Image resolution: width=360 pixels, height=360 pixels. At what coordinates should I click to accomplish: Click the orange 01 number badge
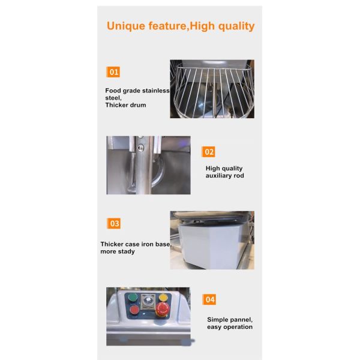(113, 72)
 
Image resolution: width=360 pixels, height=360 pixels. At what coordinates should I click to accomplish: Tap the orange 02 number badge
(208, 152)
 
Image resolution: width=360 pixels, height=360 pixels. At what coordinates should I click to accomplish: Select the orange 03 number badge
(114, 223)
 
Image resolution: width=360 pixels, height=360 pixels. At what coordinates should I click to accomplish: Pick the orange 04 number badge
(209, 299)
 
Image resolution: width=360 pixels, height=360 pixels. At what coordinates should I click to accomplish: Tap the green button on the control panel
(133, 298)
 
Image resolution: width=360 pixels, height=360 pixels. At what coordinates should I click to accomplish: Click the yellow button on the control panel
(163, 298)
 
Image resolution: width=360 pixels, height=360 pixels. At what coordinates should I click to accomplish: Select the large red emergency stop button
(163, 308)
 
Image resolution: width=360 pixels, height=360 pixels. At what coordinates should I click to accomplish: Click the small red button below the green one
(134, 310)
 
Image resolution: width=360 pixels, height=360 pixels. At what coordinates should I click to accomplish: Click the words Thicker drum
(125, 105)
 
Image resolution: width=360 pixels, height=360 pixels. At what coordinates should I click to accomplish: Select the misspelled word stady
(126, 251)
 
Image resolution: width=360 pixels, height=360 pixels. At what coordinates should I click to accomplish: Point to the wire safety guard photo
(212, 89)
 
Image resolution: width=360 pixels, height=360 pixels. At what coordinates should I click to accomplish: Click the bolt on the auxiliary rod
(140, 148)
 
